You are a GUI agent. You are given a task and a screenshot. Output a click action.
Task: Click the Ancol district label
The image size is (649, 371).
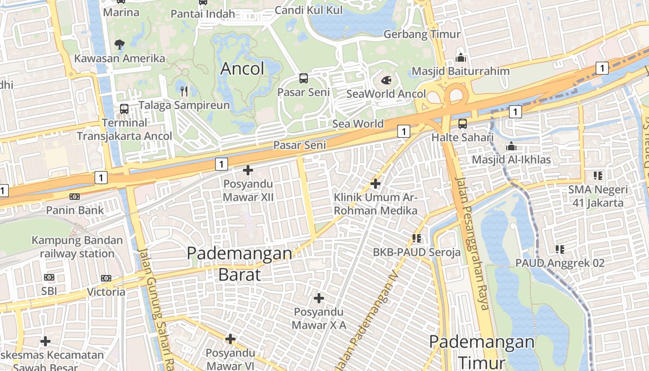tap(242, 69)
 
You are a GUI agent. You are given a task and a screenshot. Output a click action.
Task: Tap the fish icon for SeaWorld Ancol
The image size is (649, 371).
tap(386, 80)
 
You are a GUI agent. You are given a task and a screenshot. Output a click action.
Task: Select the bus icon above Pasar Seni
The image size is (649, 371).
tap(304, 78)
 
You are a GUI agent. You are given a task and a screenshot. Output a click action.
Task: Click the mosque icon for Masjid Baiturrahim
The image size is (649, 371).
tap(460, 58)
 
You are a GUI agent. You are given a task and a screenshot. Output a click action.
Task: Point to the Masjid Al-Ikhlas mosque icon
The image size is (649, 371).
tap(511, 146)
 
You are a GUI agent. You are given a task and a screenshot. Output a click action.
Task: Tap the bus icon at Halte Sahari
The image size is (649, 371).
tap(462, 123)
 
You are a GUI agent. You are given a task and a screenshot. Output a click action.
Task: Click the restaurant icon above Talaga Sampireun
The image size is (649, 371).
tap(185, 91)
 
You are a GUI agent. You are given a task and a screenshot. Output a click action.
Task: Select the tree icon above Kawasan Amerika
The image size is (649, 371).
tap(120, 45)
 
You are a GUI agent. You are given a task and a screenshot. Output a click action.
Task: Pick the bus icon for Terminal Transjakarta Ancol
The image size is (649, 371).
tap(124, 109)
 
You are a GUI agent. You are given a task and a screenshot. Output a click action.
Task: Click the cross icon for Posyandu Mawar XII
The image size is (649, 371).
tap(248, 170)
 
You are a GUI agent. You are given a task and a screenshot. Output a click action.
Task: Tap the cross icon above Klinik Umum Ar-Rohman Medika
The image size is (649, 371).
tap(375, 184)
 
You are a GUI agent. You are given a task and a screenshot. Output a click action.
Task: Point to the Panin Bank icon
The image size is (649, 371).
tap(75, 197)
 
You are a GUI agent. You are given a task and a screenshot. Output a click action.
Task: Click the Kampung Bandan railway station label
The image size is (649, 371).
tap(77, 247)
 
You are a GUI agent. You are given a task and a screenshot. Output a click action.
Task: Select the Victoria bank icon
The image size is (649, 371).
tap(106, 278)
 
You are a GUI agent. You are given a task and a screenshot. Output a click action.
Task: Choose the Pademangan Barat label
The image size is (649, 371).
tap(239, 263)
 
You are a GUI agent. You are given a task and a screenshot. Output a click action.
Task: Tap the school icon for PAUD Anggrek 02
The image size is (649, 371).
tap(560, 249)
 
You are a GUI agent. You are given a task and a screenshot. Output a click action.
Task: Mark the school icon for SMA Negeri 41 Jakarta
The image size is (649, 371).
tap(598, 176)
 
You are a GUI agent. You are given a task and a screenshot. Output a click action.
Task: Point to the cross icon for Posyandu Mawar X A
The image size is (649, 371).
tap(319, 298)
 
